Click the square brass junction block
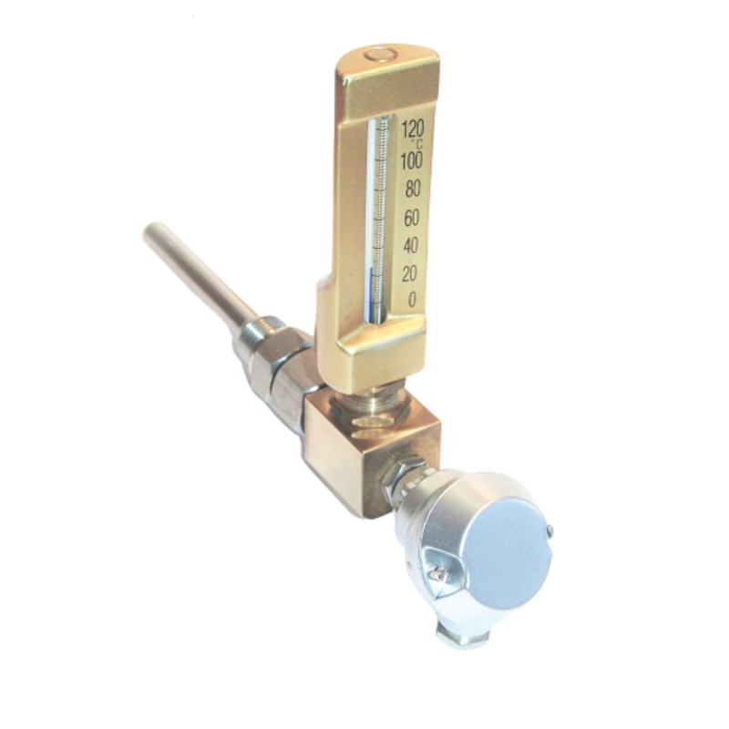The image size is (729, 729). click(x=364, y=447)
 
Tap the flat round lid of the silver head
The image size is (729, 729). click(x=506, y=547)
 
